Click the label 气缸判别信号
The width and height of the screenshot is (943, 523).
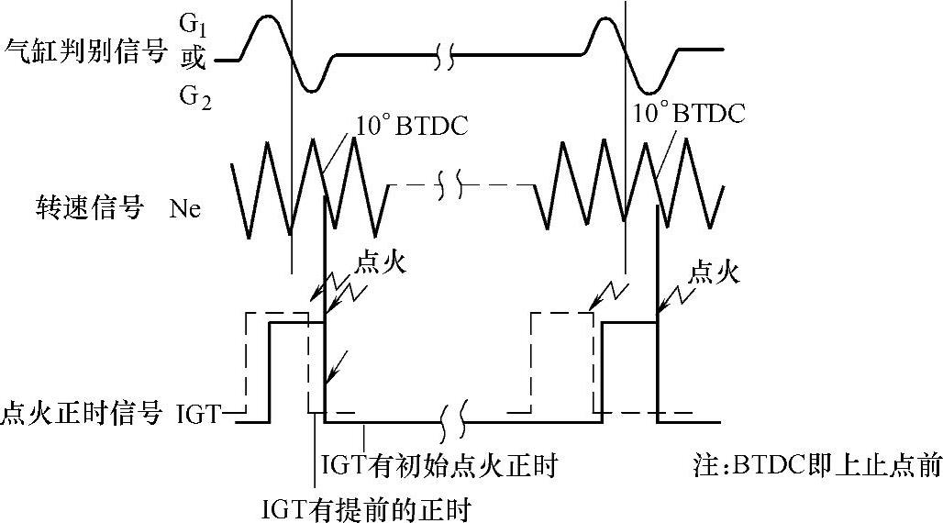(x=86, y=50)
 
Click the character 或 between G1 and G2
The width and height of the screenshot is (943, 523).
(x=192, y=58)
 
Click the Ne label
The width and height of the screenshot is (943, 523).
(x=184, y=209)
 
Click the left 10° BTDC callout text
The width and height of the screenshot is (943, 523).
(x=411, y=124)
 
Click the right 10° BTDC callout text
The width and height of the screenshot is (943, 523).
(x=689, y=114)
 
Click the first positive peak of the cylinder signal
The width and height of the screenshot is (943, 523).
(x=265, y=17)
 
